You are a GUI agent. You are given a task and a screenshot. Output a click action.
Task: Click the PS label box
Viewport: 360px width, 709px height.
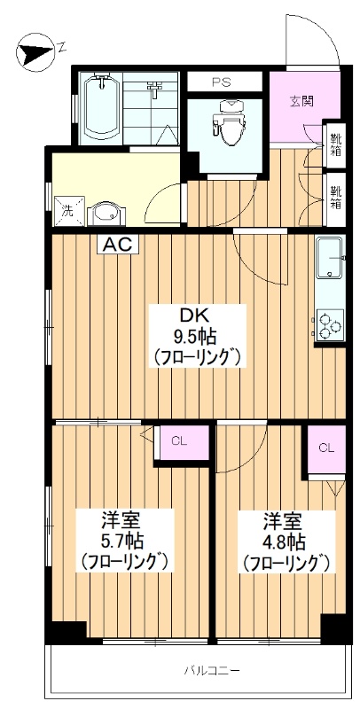click(x=224, y=82)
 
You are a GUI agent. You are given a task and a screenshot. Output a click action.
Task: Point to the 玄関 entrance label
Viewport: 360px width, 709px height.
click(x=301, y=101)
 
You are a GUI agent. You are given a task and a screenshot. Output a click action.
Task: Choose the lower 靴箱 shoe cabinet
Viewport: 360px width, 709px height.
click(x=335, y=199)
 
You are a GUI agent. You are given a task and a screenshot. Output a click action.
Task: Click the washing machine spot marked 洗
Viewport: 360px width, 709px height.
click(x=69, y=211)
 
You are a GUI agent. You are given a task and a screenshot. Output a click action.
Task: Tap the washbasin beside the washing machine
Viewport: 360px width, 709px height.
click(x=106, y=214)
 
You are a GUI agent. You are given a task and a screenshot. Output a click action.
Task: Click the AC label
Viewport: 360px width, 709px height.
click(x=118, y=245)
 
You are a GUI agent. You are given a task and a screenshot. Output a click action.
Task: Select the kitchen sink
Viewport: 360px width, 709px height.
click(x=331, y=258)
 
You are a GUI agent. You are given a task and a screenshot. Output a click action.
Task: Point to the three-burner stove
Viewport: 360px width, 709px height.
click(x=330, y=324)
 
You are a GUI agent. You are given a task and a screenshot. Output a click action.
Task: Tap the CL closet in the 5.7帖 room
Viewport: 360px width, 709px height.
click(x=181, y=442)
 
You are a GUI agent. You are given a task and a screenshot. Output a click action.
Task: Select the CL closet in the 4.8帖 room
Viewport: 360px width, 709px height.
click(x=326, y=448)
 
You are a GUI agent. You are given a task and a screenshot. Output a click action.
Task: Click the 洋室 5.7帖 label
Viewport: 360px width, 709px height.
click(x=124, y=541)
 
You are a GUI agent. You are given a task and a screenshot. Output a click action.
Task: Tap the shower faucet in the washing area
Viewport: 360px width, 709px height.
click(x=154, y=89)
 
